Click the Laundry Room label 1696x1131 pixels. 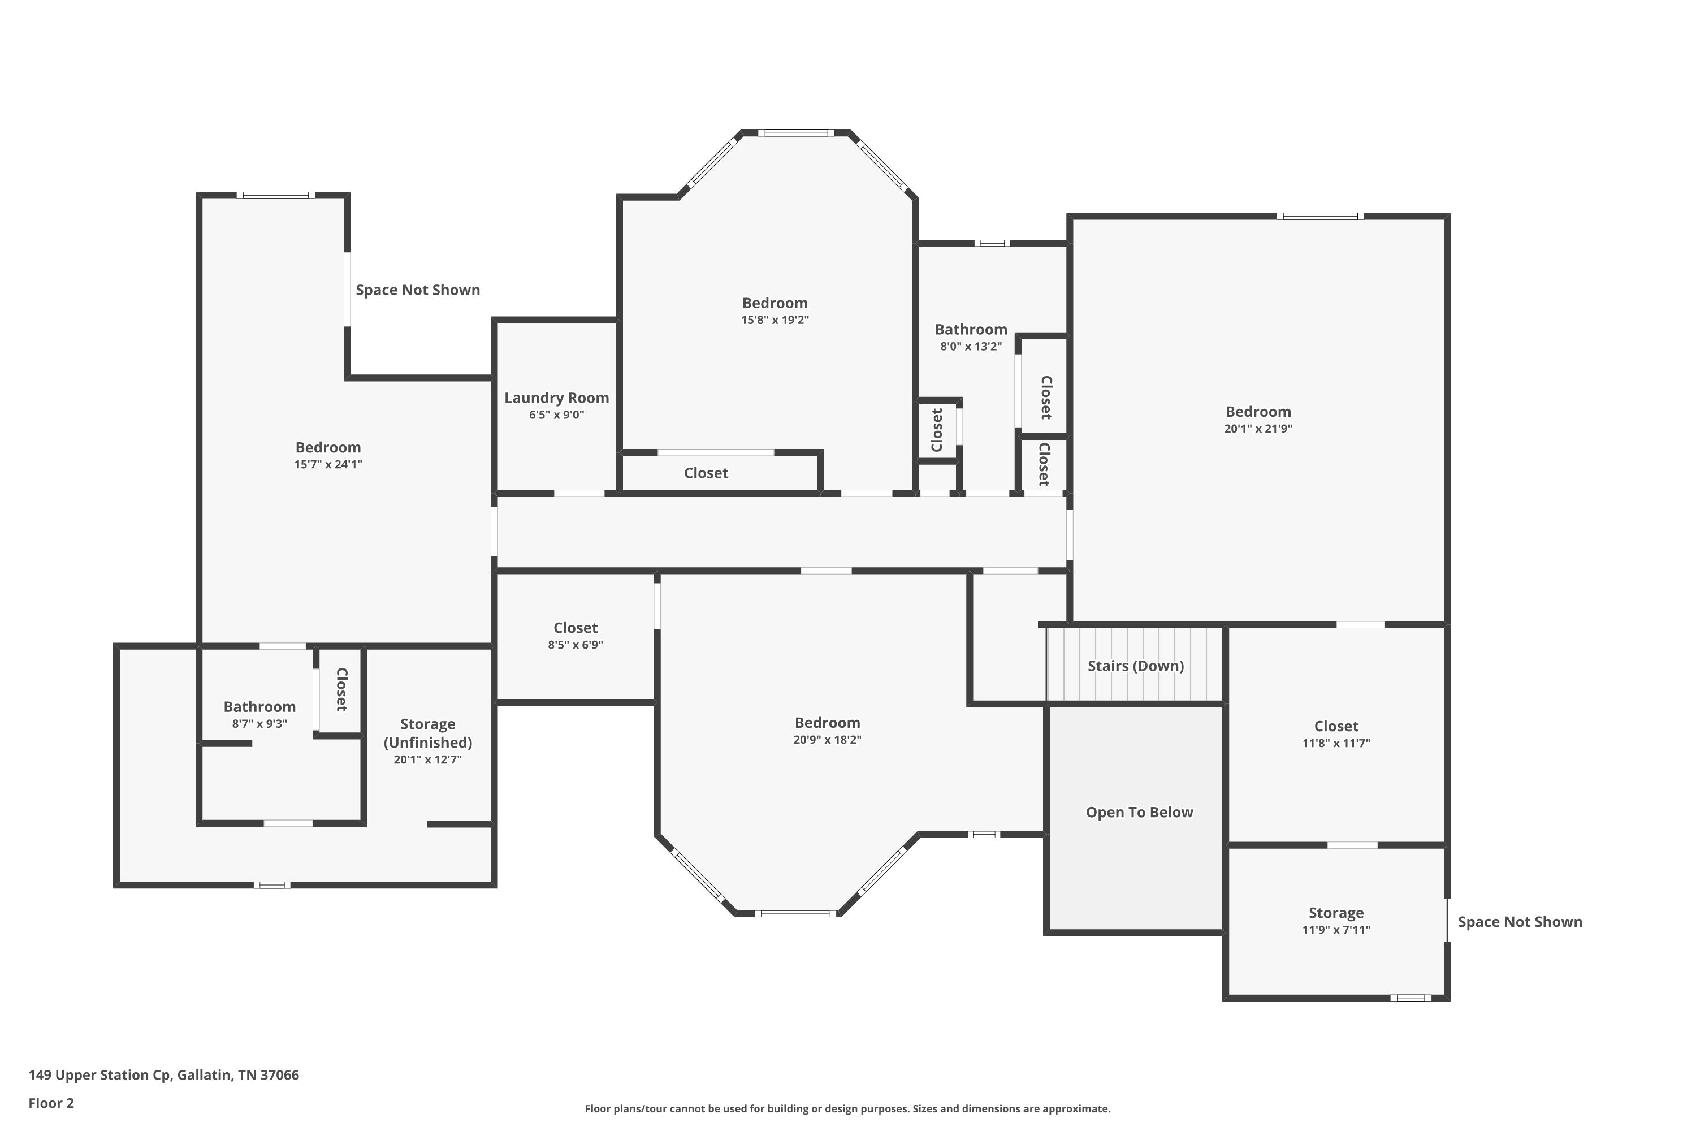point(556,398)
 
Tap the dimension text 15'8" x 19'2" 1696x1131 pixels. point(775,320)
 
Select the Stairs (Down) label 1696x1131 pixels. point(1135,666)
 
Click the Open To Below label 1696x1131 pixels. point(1139,812)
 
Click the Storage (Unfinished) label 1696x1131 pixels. point(427,733)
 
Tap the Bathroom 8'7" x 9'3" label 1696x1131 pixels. point(259,707)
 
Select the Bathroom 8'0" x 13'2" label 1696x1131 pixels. point(971,330)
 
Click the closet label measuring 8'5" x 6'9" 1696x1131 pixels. point(575,628)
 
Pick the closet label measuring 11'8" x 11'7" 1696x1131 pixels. point(1335,726)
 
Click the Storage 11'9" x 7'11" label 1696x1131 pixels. point(1335,913)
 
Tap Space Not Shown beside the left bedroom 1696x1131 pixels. point(418,290)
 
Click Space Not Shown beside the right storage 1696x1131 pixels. point(1520,922)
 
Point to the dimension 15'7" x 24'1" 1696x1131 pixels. point(327,464)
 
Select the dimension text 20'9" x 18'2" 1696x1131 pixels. point(827,739)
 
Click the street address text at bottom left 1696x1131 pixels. point(164,1075)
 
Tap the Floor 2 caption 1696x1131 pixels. point(51,1103)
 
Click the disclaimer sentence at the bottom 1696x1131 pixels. point(847,1108)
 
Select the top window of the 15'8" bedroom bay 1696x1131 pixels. point(796,133)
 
